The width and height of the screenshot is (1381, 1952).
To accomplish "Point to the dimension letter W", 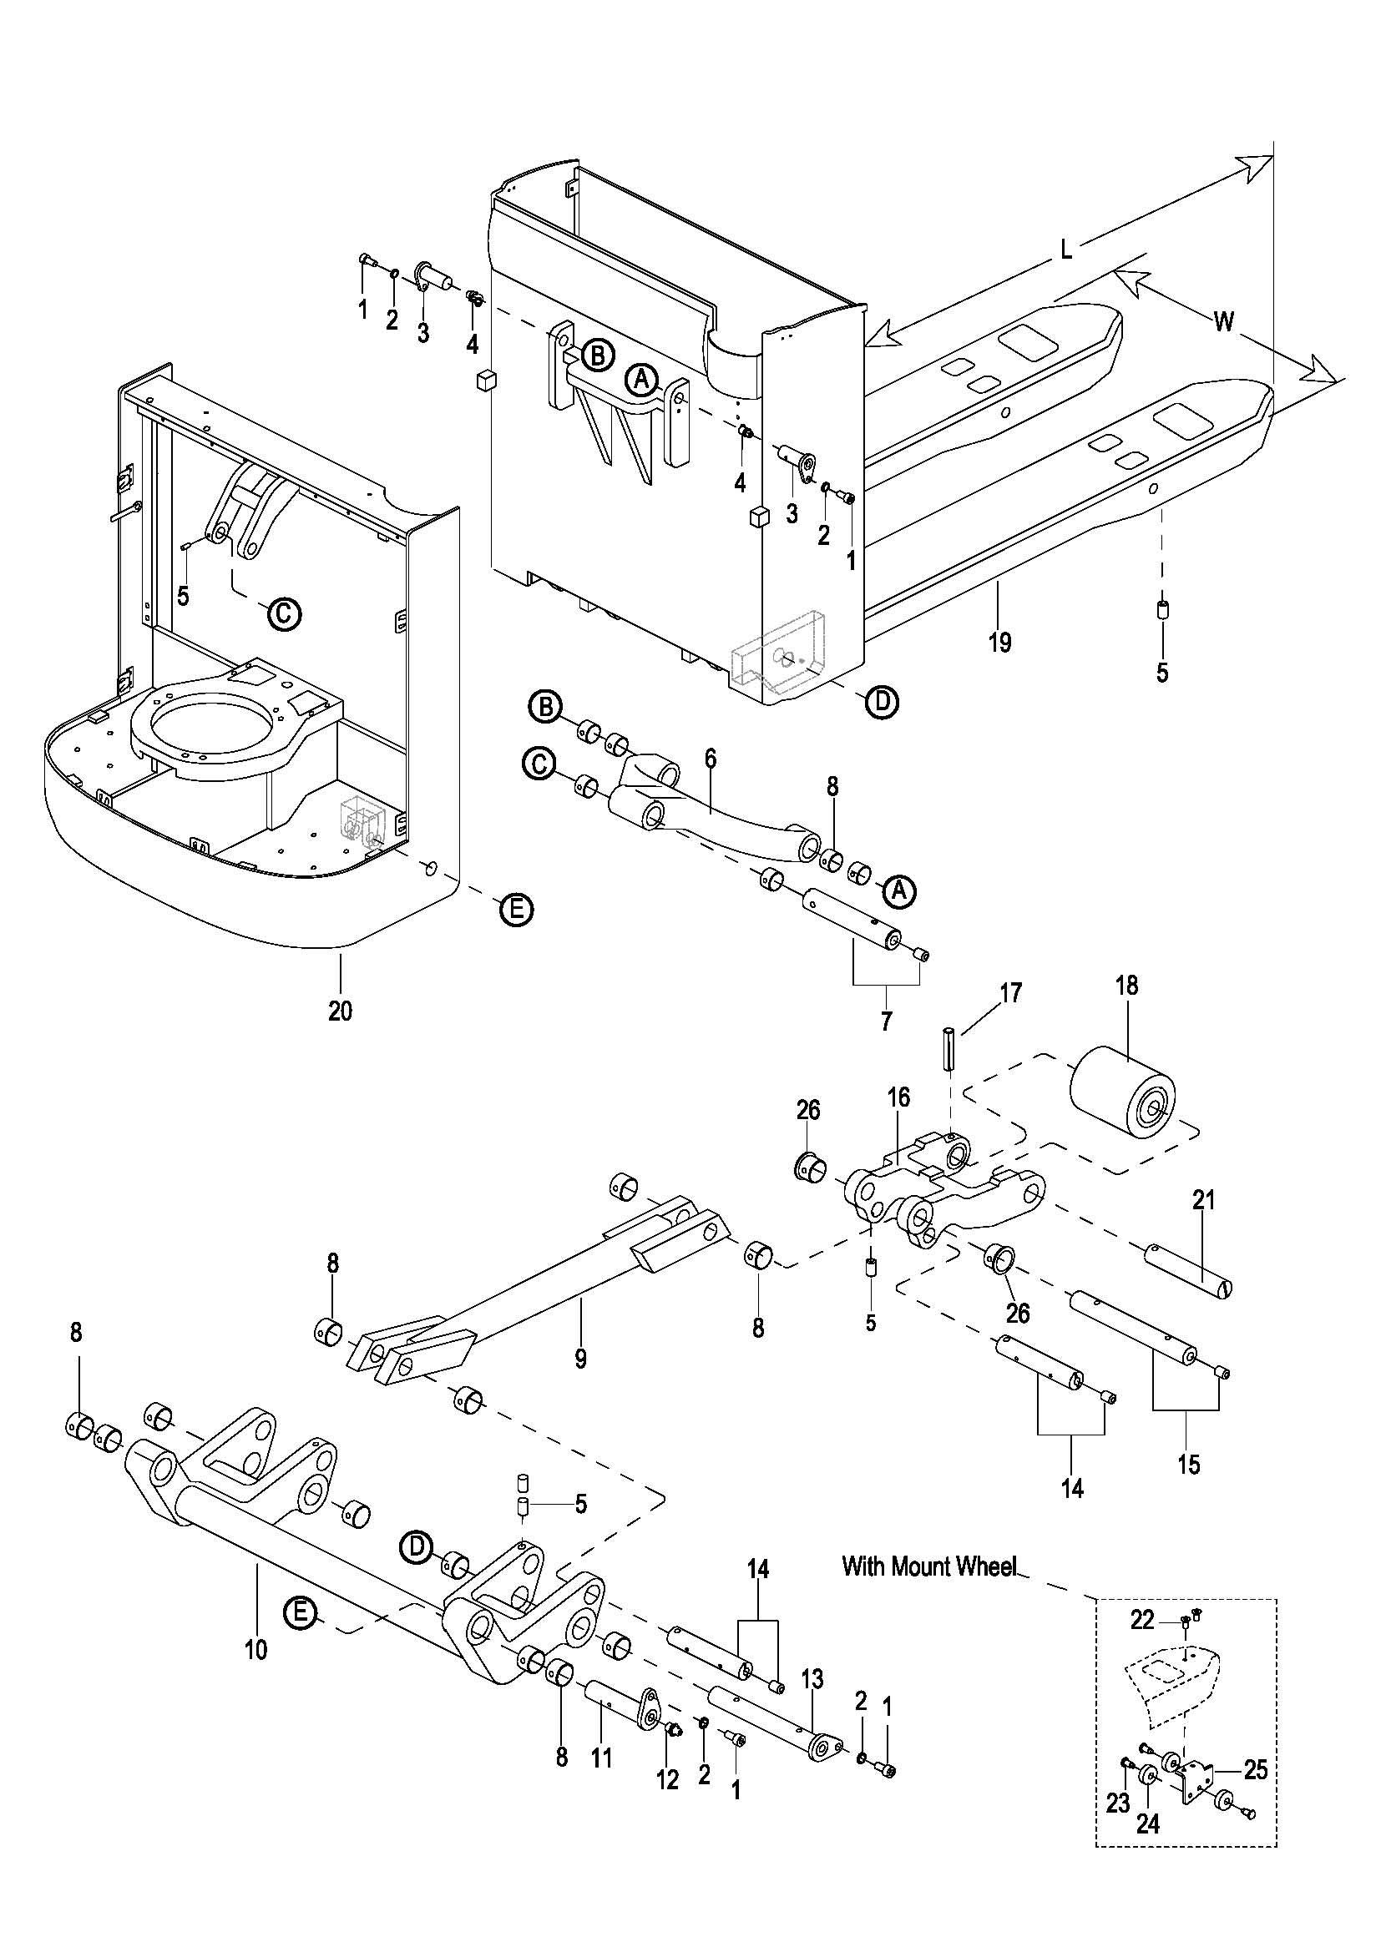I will click(x=1223, y=321).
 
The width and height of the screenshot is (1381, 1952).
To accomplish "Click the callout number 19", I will click(x=1000, y=642).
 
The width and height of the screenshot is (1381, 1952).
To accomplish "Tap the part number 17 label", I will click(x=1011, y=992).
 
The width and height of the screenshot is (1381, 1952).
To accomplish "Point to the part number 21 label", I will click(x=1203, y=1200).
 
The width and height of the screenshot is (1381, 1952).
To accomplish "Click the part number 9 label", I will click(x=580, y=1359).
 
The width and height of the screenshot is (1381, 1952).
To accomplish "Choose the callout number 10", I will click(x=256, y=1649).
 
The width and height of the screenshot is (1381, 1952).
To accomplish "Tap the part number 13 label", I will click(x=813, y=1678).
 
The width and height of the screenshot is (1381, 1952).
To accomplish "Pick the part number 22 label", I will click(x=1145, y=1622).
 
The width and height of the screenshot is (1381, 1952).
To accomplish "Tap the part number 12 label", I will click(x=668, y=1778).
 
